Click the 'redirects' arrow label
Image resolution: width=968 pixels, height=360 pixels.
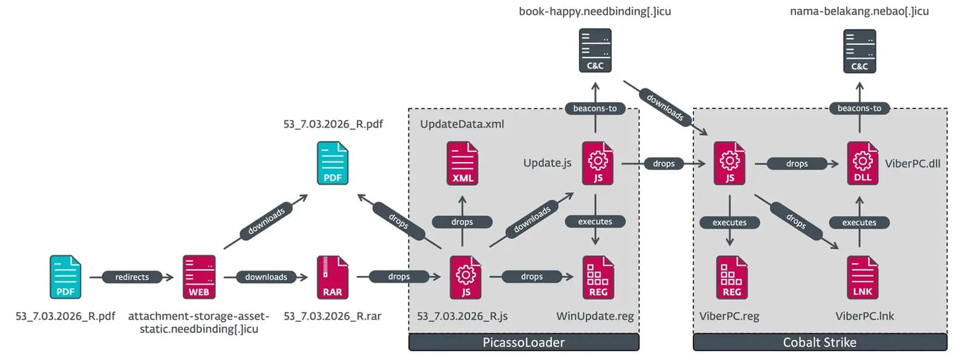tap(132, 277)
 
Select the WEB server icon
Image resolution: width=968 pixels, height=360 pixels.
tap(199, 277)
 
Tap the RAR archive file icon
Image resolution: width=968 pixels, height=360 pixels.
tap(332, 277)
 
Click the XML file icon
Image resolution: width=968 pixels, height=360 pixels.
tap(462, 163)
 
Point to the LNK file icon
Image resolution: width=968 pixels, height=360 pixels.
tap(863, 277)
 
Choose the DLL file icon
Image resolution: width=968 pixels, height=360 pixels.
tap(863, 163)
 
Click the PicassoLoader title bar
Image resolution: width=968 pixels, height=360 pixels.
tap(524, 342)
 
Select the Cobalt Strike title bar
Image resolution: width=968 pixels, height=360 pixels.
tap(820, 342)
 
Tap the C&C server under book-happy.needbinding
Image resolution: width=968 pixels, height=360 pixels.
tap(595, 51)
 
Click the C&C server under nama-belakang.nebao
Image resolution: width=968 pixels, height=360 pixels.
tap(860, 51)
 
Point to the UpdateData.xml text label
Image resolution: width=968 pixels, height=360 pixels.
tap(462, 124)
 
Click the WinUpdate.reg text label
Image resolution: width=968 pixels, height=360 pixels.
tap(595, 316)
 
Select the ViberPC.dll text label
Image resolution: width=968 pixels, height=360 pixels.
tap(913, 163)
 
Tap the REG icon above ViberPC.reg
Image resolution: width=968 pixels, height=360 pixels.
tap(731, 277)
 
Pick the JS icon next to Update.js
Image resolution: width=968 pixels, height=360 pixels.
tap(598, 163)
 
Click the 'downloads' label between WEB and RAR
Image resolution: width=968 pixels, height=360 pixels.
tap(266, 277)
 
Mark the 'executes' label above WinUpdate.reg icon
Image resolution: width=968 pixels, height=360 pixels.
tap(595, 221)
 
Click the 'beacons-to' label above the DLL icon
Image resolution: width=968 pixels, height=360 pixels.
tap(860, 108)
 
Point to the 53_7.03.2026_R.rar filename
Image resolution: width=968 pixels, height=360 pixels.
tap(332, 316)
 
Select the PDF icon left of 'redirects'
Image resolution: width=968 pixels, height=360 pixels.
tap(65, 277)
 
